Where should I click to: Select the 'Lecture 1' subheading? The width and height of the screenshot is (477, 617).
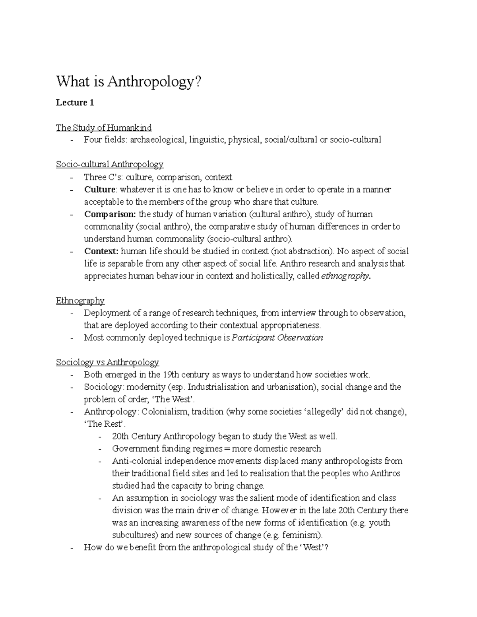click(x=75, y=103)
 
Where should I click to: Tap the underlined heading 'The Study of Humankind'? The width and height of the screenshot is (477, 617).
click(x=104, y=128)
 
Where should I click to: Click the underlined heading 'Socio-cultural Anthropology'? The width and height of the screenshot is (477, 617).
click(x=110, y=164)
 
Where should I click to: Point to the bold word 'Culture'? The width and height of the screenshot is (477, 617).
click(x=99, y=190)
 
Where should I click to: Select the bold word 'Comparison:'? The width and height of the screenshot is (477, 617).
click(x=110, y=215)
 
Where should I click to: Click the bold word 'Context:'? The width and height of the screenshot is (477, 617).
click(x=101, y=251)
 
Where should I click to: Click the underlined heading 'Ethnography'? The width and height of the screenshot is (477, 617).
click(x=80, y=300)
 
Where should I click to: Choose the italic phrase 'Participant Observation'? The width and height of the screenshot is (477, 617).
click(x=277, y=338)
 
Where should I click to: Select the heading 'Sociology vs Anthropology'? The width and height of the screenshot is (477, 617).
click(x=107, y=362)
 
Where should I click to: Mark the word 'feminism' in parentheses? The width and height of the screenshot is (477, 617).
click(x=304, y=535)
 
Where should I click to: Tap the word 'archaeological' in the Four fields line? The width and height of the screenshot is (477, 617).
click(x=157, y=140)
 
